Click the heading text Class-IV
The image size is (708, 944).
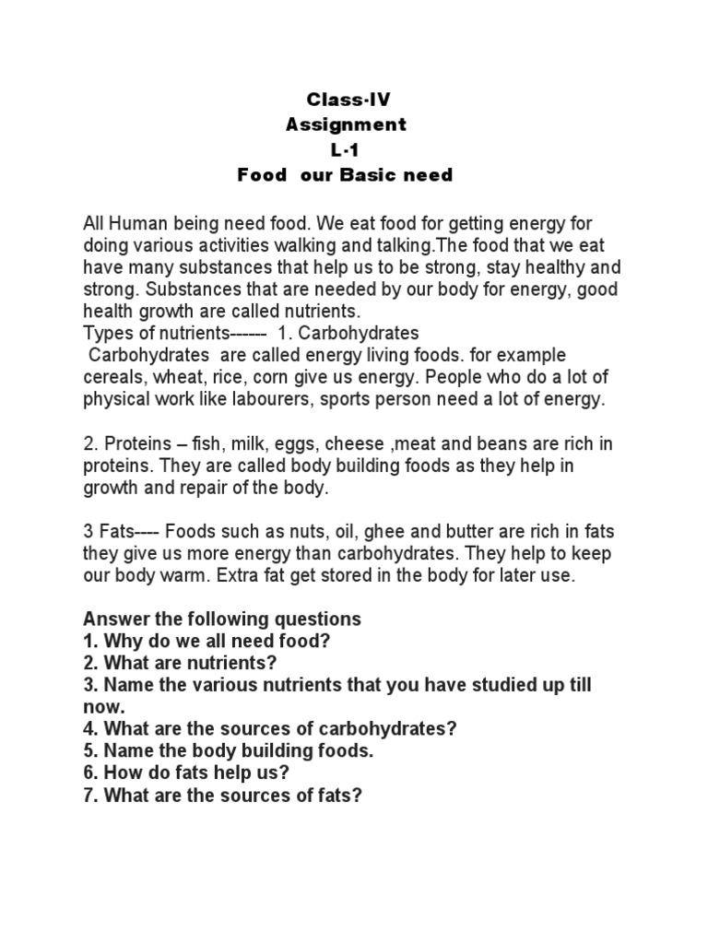click(x=341, y=100)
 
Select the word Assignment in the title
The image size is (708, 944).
click(x=345, y=124)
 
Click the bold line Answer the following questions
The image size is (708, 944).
click(x=222, y=619)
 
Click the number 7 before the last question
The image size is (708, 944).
click(x=88, y=795)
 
